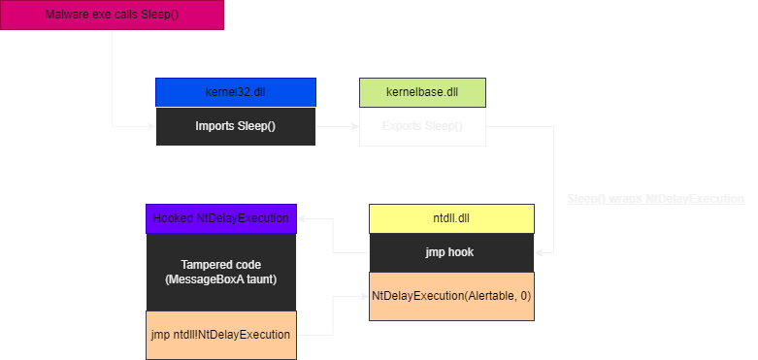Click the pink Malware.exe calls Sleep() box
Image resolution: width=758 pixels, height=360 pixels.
pyautogui.click(x=112, y=16)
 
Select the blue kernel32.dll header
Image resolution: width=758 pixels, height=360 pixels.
pyautogui.click(x=235, y=92)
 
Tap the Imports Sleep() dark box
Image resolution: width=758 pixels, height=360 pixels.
pyautogui.click(x=235, y=126)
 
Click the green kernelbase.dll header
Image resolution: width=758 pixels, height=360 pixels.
pyautogui.click(x=422, y=92)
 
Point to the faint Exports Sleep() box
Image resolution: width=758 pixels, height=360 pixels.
pyautogui.click(x=422, y=126)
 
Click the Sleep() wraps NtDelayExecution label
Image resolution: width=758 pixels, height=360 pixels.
pyautogui.click(x=655, y=198)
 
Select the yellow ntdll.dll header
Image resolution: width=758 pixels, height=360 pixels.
pyautogui.click(x=451, y=218)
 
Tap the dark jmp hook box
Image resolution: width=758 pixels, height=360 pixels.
pyautogui.click(x=451, y=252)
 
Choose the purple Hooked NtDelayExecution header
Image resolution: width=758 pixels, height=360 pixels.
pyautogui.click(x=220, y=218)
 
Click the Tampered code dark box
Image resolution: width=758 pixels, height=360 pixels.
pyautogui.click(x=220, y=272)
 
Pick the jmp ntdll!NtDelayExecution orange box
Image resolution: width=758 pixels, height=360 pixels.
pyautogui.click(x=220, y=334)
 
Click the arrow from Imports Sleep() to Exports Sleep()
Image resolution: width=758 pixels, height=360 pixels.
pyautogui.click(x=337, y=126)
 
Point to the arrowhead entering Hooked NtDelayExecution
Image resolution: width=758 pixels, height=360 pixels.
pyautogui.click(x=302, y=218)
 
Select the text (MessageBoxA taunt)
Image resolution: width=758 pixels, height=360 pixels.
pyautogui.click(x=220, y=279)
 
